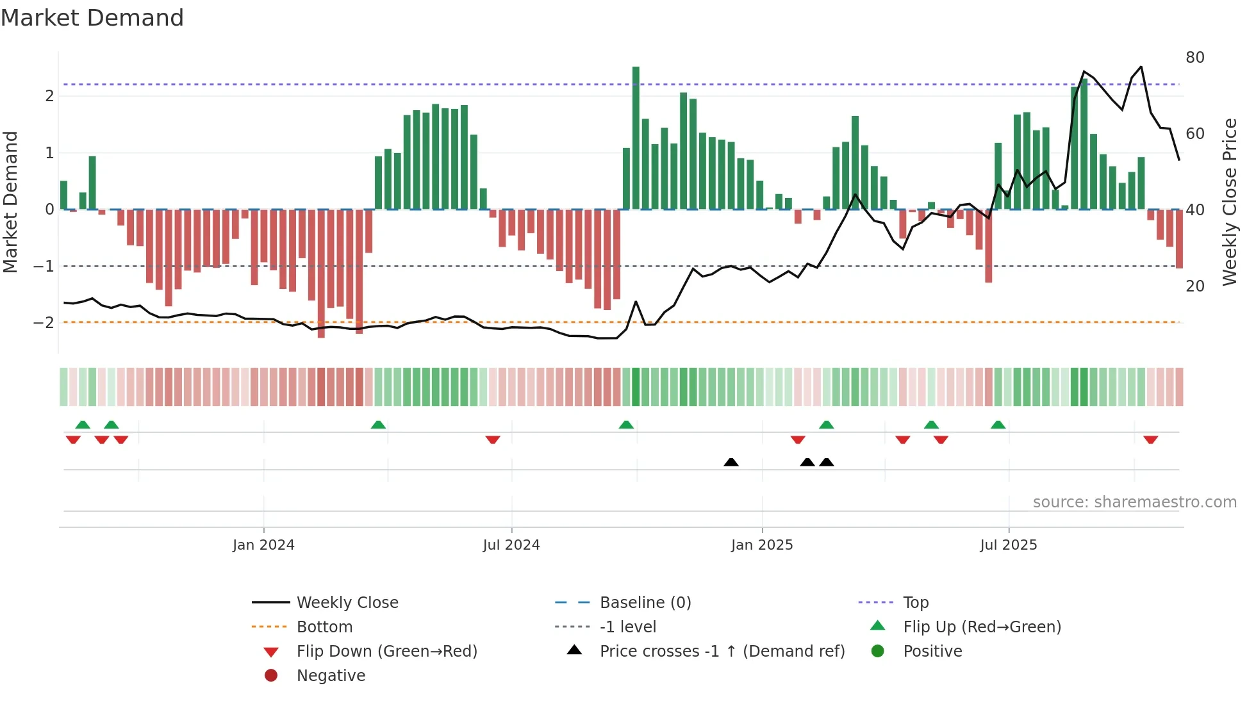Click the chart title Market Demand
coord(92,17)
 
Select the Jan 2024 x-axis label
coord(263,545)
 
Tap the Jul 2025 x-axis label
coord(1008,545)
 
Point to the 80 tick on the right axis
coord(1194,58)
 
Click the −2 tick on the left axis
coord(44,322)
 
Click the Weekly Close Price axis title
coord(1229,202)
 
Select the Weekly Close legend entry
coord(347,603)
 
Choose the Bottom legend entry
coord(324,627)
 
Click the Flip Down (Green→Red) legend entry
coord(386,652)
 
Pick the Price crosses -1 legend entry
coord(722,652)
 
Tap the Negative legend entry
coord(331,676)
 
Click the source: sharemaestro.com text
coord(1134,502)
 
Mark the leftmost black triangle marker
coord(731,462)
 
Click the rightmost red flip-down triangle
coord(1150,439)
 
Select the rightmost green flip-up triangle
coord(998,425)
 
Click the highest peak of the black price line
coord(1141,67)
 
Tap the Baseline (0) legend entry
coord(645,603)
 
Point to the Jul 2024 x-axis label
coord(511,545)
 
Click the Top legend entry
coord(915,603)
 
